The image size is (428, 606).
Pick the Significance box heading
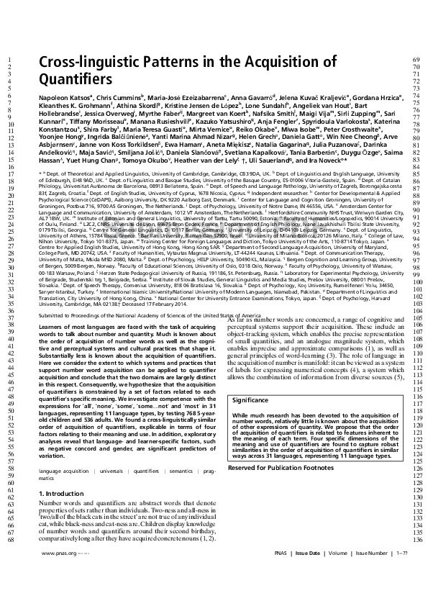[x=251, y=399]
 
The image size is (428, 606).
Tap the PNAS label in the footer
[x=283, y=553]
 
